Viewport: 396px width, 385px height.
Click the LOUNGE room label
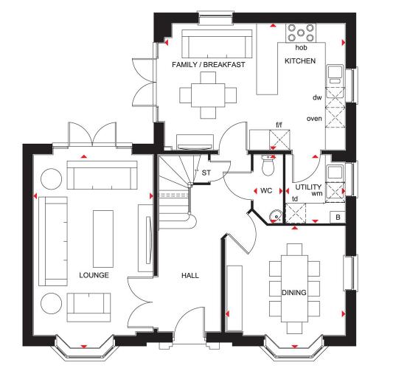[x=94, y=275]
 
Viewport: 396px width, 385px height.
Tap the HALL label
[x=190, y=275]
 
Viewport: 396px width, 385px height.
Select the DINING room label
[x=294, y=293]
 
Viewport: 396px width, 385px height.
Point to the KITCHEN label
[x=300, y=61]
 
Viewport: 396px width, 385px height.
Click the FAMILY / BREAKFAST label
[x=209, y=65]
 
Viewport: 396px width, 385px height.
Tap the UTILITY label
[x=308, y=187]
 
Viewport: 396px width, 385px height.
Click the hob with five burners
[x=301, y=33]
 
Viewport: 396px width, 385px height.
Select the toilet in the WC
[x=268, y=165]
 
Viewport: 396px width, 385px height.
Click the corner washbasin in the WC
[x=276, y=216]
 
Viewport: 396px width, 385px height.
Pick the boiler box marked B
[x=338, y=218]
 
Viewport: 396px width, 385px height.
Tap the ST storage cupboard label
[x=206, y=173]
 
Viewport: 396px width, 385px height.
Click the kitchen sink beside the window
[x=335, y=74]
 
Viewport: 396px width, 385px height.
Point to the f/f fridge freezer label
[x=279, y=125]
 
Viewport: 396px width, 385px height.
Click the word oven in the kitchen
[x=314, y=119]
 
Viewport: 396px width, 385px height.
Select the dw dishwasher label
[x=317, y=97]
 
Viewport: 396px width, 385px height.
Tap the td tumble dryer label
[x=295, y=199]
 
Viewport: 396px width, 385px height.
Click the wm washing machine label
[x=317, y=194]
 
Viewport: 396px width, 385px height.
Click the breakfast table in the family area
[x=208, y=95]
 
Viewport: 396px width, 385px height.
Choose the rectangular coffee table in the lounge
[x=103, y=239]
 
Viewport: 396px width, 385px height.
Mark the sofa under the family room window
[x=217, y=44]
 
